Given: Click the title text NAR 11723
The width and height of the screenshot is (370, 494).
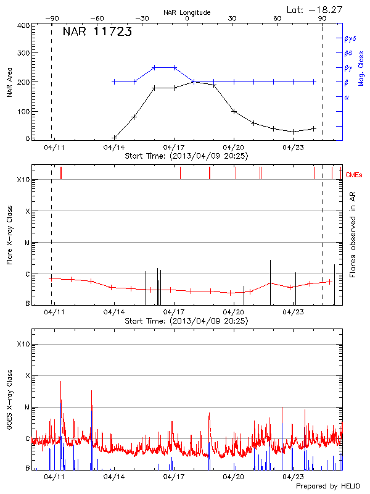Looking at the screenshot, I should pos(97,33).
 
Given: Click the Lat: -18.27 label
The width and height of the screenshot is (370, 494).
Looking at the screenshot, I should pos(315,9).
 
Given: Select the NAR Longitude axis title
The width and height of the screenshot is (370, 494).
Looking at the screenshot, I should pos(187,12).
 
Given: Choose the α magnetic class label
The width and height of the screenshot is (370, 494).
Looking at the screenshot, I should pos(347,97).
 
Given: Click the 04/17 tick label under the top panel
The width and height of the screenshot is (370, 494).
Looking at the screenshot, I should pos(174,148).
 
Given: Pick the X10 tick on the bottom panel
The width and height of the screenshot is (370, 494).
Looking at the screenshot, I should pos(23,343).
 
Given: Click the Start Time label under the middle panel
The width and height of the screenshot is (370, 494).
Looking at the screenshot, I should pos(186,321).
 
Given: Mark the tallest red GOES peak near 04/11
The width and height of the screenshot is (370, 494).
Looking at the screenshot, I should pos(60,382).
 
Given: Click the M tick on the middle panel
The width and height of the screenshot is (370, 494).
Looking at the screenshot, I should pos(27,243).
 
